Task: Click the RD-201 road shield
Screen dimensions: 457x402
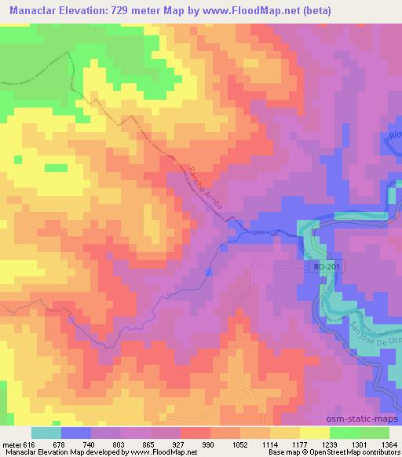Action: coord(325,268)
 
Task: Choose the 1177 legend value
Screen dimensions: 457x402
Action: coord(298,444)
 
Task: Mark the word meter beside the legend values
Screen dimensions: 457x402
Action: coord(12,444)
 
